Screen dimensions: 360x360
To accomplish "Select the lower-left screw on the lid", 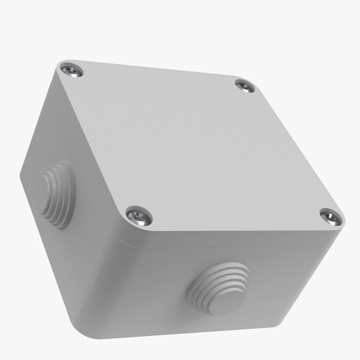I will tap(139, 215).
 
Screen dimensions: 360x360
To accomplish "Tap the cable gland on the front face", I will tap(219, 288).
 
